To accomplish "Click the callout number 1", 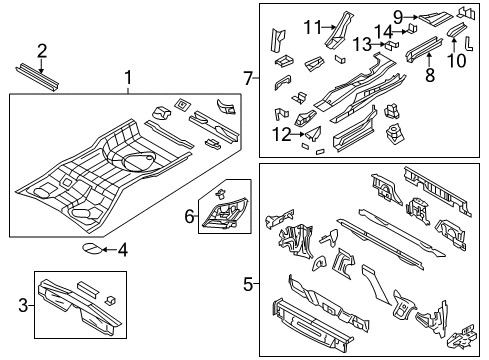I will pos(127,78).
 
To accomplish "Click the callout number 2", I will pos(42,50).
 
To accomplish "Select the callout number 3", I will pos(23,301).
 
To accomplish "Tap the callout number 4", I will pos(122,249).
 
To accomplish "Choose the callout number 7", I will pos(248,77).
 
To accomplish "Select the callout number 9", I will pos(397,16).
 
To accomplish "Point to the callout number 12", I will pos(283,133).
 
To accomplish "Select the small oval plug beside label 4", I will pos(90,249).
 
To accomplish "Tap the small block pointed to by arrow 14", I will pos(399,28).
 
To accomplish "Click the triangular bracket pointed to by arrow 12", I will pos(311,130).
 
